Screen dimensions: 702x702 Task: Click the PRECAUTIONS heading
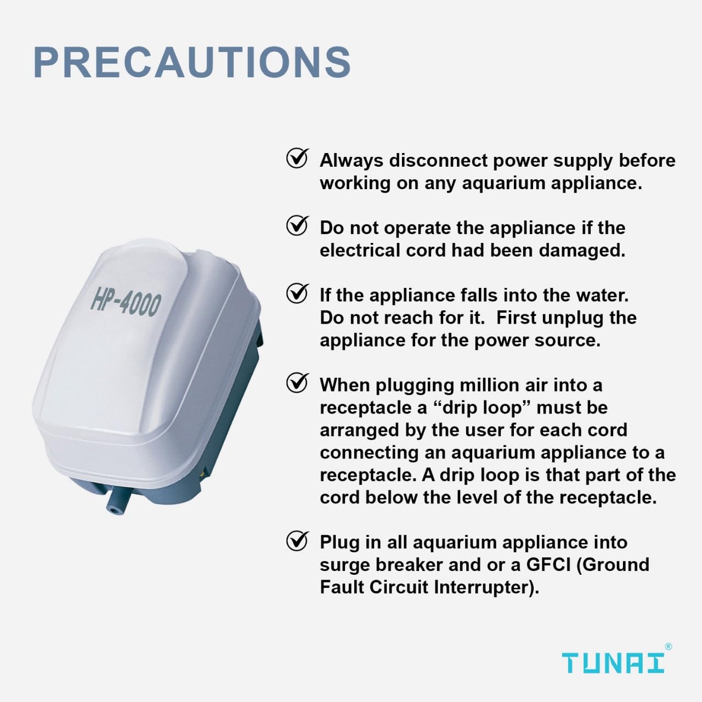(x=192, y=62)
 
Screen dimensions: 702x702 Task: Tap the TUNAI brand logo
(x=613, y=663)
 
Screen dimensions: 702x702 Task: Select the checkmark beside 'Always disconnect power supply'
(x=297, y=159)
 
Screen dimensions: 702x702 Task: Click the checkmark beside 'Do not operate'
(x=297, y=226)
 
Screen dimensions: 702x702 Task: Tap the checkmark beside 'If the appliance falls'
(x=297, y=294)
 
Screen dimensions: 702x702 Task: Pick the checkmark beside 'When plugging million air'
(x=297, y=383)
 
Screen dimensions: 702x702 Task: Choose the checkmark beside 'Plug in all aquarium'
(x=297, y=541)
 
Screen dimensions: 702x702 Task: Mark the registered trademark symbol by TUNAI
(x=667, y=647)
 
